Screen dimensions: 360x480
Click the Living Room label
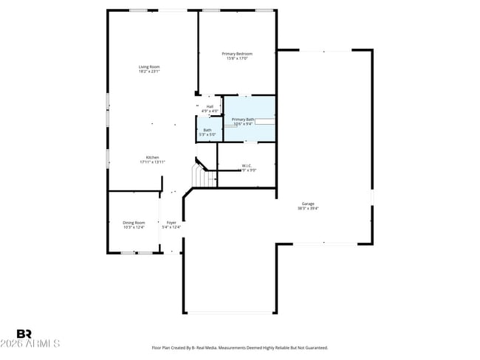pos(149,66)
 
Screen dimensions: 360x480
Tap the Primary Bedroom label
pos(237,54)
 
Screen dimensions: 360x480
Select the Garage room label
pos(308,204)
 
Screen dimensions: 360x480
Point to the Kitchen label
pos(152,157)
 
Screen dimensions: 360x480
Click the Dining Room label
pos(134,222)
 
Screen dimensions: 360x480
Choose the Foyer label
pos(171,222)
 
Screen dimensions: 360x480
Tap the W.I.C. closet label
pos(247,165)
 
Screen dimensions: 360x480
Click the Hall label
pos(210,106)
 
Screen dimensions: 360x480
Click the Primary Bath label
pos(243,120)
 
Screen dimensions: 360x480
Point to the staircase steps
pos(200,176)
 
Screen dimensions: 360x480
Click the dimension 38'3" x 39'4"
pos(308,209)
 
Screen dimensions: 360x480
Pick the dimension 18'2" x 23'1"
pos(149,72)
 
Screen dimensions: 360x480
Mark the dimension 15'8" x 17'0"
pos(237,59)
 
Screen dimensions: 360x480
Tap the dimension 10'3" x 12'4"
pos(134,227)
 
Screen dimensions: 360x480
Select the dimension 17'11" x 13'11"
pos(152,162)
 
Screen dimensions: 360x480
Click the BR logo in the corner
pos(24,333)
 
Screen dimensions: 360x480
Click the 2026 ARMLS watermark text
pos(31,344)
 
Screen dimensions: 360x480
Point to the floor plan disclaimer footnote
pos(239,347)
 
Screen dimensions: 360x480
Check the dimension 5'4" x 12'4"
pos(171,227)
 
